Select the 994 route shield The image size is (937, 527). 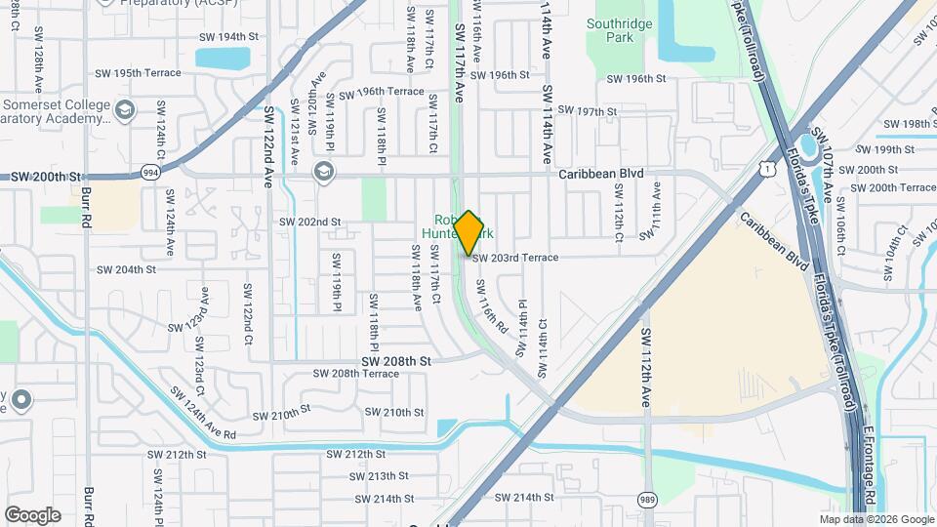[x=149, y=171]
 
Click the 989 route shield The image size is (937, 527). [x=648, y=500]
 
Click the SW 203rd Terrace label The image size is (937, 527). [x=515, y=258]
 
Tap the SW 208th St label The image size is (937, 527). [x=396, y=361]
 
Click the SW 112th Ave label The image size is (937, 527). [x=646, y=368]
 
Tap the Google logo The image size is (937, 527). [x=32, y=514]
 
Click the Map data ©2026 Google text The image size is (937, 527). [x=876, y=519]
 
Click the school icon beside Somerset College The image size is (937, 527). [x=124, y=109]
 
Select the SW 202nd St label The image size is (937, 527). [x=309, y=223]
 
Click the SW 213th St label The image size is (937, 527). [x=374, y=476]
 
